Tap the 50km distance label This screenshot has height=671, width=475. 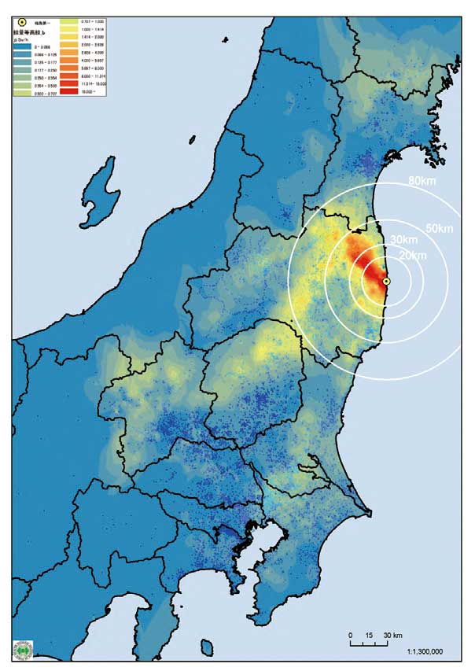[438, 228]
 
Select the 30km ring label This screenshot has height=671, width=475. [403, 239]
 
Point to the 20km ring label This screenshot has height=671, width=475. [412, 256]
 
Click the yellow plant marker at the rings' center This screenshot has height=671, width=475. [386, 281]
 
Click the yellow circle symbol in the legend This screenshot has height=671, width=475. [21, 22]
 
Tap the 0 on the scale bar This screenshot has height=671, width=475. [350, 634]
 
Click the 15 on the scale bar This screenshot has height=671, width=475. [368, 634]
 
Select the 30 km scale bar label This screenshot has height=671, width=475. [392, 634]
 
